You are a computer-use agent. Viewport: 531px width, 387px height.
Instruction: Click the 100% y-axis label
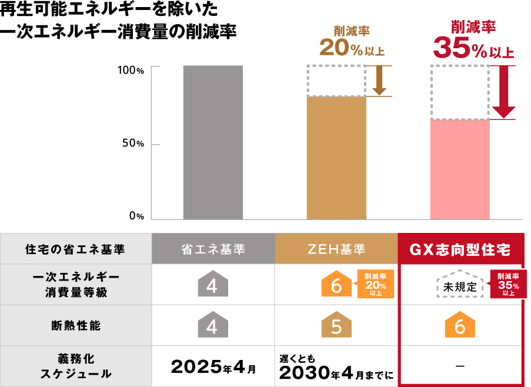(x=130, y=70)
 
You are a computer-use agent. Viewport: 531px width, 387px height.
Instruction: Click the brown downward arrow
(x=379, y=81)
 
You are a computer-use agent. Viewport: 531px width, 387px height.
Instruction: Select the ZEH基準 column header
(x=336, y=249)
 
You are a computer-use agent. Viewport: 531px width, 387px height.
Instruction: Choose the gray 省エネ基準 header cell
(x=213, y=249)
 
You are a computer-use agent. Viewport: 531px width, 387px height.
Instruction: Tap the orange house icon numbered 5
(x=336, y=325)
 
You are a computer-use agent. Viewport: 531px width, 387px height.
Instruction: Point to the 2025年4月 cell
(x=213, y=367)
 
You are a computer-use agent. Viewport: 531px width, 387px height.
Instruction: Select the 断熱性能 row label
(x=75, y=325)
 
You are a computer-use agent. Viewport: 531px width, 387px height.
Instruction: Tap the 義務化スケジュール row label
(x=75, y=366)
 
